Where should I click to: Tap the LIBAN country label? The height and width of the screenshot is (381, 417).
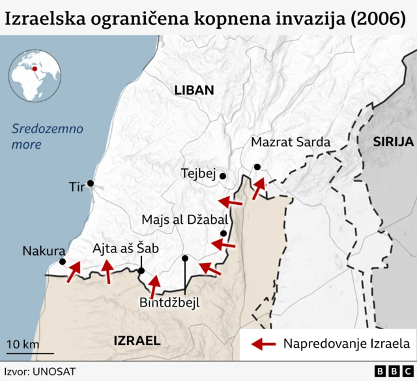click(194, 91)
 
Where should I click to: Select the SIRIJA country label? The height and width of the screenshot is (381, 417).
click(394, 142)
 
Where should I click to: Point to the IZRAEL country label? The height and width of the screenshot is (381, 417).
click(137, 340)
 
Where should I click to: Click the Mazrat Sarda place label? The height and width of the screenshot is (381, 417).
click(291, 142)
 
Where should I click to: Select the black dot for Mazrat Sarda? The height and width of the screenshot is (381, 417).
click(257, 166)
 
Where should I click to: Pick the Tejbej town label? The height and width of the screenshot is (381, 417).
click(198, 174)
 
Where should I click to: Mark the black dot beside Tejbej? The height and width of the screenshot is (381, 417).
click(223, 176)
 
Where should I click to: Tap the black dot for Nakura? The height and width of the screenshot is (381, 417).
click(63, 262)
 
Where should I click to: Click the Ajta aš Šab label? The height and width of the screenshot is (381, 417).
click(125, 248)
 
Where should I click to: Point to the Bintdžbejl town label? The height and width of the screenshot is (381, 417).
click(169, 302)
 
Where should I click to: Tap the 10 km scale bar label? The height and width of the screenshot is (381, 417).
click(23, 344)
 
